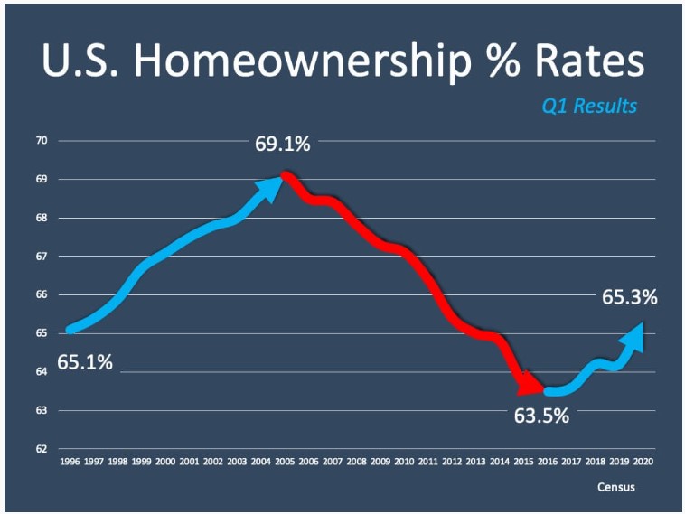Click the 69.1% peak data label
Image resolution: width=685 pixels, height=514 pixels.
point(283,144)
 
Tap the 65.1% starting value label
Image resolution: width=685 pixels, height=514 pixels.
point(85,363)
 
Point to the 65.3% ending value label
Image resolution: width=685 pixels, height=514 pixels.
point(629,296)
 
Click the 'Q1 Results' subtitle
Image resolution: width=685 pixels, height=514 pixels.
point(589,107)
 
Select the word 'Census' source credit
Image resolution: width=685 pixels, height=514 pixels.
point(615,487)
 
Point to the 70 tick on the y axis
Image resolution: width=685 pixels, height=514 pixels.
point(42,141)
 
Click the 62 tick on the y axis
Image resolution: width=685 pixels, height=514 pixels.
point(42,449)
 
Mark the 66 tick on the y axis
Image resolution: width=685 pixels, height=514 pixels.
point(42,295)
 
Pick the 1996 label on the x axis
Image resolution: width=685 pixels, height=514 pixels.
point(70,461)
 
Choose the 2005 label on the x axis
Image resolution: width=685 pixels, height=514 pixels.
point(285,461)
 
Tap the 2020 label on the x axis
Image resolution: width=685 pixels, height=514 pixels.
point(643,461)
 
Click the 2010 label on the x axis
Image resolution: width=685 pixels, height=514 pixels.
point(404,461)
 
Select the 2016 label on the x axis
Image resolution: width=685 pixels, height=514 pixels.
point(548,461)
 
